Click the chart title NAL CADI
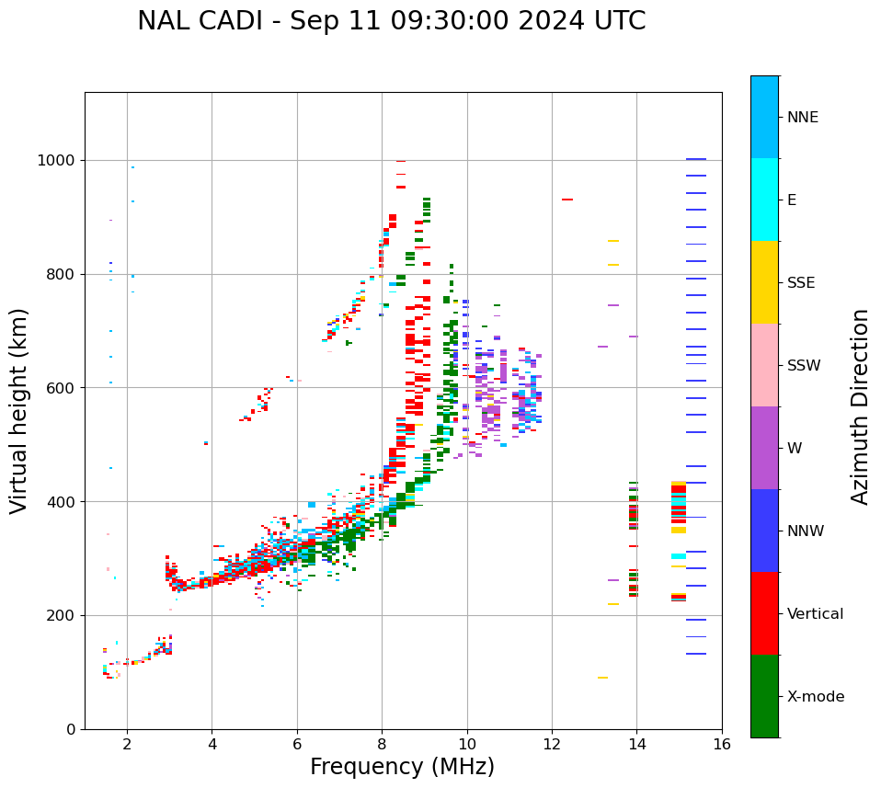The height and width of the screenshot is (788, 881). point(391,21)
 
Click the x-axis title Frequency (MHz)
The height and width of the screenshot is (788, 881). point(402,767)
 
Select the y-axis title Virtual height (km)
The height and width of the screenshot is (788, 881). point(19,410)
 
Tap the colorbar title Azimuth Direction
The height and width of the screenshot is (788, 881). point(860,405)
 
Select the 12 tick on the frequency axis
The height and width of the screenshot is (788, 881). point(552,744)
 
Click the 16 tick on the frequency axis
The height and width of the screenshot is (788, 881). point(722,744)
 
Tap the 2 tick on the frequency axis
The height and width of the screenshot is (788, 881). point(127,744)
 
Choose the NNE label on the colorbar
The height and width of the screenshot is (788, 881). point(802,118)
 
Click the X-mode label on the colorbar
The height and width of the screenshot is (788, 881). point(815,697)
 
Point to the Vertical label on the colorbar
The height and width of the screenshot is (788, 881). point(815,614)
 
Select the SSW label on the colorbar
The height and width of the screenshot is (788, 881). point(804,366)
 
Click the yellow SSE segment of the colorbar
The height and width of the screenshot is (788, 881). point(764,282)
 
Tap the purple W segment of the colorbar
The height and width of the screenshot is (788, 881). point(764,448)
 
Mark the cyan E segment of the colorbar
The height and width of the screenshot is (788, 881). point(764,200)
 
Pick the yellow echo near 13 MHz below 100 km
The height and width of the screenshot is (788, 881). point(602,678)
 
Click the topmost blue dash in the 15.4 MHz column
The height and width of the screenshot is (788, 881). point(696,159)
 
